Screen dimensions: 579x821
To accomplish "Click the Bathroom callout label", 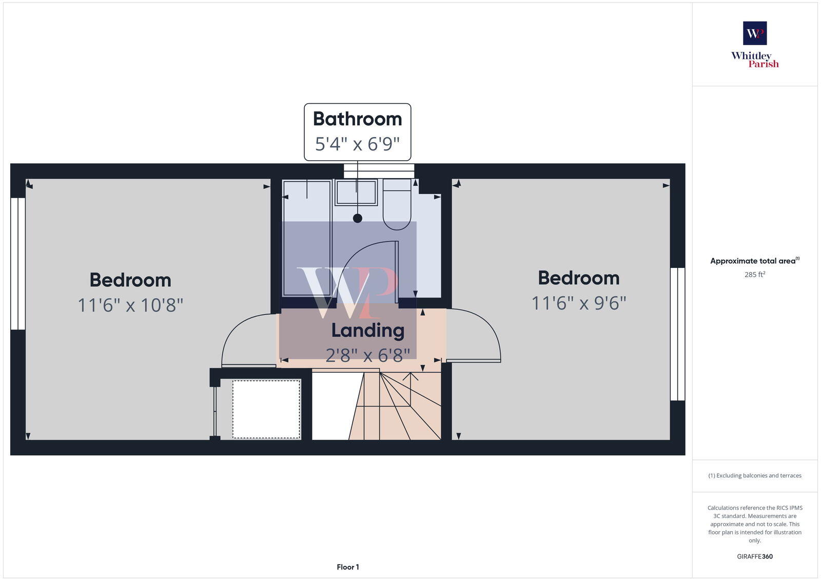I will [357, 119].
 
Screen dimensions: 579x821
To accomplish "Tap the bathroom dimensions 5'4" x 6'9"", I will [357, 144].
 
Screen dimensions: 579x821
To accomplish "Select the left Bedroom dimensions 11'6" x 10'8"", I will [130, 305].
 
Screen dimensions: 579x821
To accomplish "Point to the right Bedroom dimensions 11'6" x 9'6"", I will [579, 303].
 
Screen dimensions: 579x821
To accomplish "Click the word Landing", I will [367, 330].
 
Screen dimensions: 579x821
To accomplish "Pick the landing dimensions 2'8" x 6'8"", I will [367, 354].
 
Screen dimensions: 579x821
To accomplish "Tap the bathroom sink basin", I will [356, 192].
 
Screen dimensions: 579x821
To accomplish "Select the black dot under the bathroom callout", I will [358, 218].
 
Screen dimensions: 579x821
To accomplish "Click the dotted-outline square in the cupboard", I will [266, 409].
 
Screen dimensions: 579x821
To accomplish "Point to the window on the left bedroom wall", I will [18, 263].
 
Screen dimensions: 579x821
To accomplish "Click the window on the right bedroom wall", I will [677, 334].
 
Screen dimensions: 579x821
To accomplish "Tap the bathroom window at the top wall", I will [379, 171].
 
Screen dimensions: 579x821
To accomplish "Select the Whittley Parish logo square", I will [755, 33].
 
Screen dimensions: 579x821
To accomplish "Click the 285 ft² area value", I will [755, 275].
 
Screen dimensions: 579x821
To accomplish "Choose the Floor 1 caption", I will [348, 567].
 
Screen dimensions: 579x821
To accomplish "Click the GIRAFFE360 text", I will [755, 556].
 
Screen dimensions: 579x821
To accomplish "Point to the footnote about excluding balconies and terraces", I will [755, 476].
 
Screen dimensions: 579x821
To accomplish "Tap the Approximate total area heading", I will [753, 261].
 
